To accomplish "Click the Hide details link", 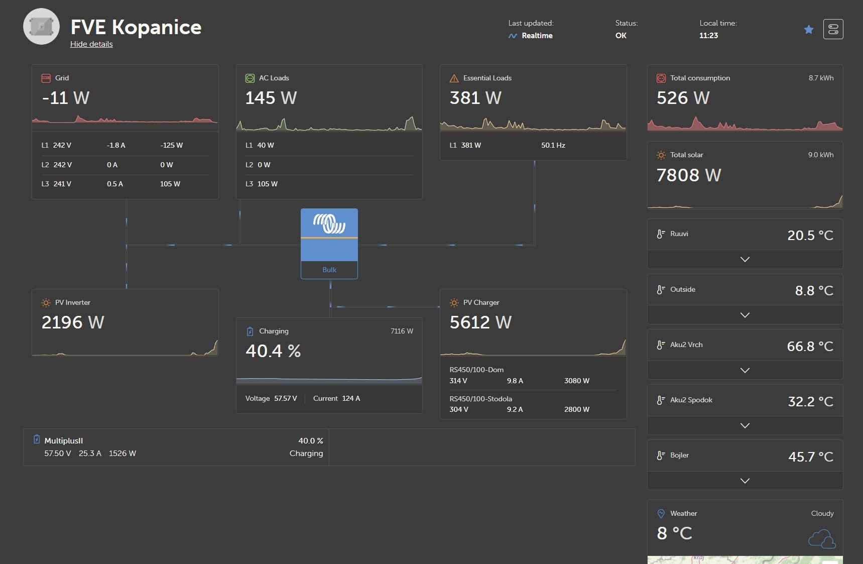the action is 91,44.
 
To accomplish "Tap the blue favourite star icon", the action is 809,30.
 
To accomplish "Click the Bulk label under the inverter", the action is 329,270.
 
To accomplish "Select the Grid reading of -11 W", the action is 66,98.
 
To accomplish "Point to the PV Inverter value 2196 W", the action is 73,322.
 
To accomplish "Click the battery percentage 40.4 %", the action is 273,351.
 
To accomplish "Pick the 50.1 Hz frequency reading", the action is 553,145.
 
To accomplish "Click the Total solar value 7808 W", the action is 689,175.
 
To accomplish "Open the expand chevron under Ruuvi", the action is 745,259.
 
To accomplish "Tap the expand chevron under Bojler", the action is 745,481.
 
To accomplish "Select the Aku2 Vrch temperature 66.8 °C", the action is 810,347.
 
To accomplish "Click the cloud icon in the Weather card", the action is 822,538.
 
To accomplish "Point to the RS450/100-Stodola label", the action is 481,399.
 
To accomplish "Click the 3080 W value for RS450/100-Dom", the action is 577,381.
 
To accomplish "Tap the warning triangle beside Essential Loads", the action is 454,78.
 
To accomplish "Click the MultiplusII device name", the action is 64,440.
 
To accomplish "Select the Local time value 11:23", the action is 709,36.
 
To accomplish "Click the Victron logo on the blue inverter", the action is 329,223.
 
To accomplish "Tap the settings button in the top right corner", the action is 833,29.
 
